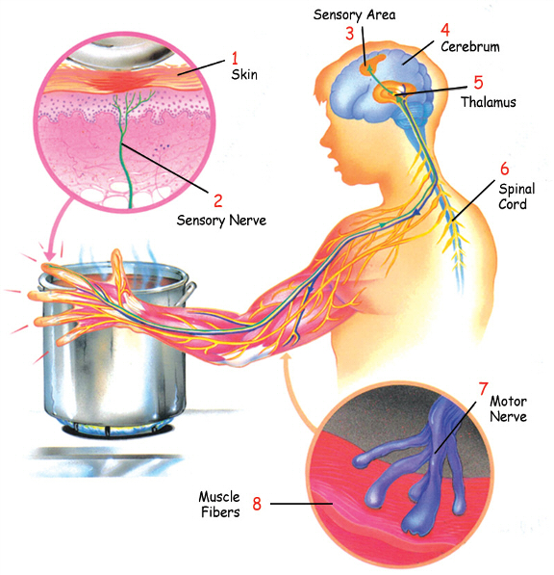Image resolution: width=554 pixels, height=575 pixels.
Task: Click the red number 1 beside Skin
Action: tap(235, 58)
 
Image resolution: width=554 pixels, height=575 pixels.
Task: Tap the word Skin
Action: tap(244, 74)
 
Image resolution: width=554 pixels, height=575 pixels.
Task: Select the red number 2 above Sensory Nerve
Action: tap(218, 200)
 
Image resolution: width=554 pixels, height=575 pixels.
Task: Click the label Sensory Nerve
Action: tap(221, 220)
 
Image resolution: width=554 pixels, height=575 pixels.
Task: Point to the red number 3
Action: tap(350, 34)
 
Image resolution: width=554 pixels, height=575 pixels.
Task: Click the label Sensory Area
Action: tap(355, 14)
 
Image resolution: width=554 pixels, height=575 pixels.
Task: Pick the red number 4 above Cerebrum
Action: tap(445, 30)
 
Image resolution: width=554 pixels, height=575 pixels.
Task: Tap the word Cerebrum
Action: tap(470, 46)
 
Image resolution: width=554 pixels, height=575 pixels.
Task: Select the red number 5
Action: tap(478, 83)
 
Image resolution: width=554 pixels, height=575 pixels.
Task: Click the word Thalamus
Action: tap(489, 102)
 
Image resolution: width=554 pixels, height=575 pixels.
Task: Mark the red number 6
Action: tap(505, 169)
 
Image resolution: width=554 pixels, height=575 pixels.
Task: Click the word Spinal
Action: tap(516, 189)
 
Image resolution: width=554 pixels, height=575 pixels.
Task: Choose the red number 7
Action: tap(484, 389)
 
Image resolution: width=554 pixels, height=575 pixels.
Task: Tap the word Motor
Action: tap(508, 402)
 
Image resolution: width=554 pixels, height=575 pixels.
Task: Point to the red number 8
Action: tap(257, 504)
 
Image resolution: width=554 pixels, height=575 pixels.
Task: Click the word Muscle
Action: tap(219, 497)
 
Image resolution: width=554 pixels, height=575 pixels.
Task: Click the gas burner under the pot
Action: tap(116, 429)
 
